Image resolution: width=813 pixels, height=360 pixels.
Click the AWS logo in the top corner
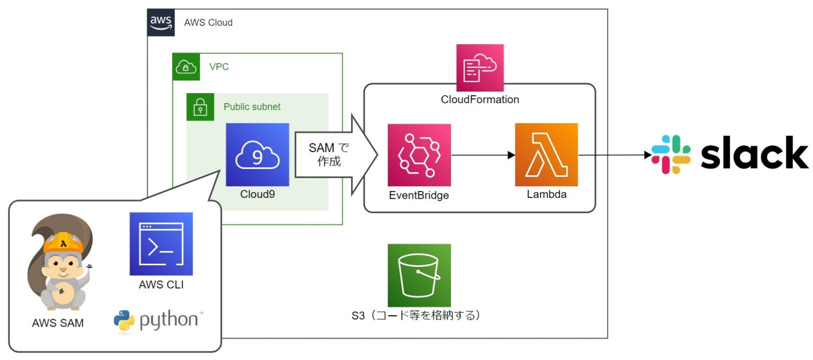[x=161, y=23]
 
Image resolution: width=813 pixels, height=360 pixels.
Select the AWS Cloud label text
[x=208, y=23]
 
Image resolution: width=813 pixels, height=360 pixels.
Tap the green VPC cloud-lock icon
[x=186, y=67]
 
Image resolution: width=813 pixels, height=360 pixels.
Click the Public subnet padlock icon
[x=200, y=107]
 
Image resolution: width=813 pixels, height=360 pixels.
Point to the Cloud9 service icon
[x=257, y=155]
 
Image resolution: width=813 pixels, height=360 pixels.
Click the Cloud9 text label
[x=257, y=194]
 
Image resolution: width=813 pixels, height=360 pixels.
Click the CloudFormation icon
[x=480, y=68]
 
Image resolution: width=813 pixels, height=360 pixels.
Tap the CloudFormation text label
[x=480, y=100]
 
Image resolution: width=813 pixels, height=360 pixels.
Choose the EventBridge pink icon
[x=419, y=155]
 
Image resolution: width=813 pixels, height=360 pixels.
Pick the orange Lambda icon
[x=546, y=155]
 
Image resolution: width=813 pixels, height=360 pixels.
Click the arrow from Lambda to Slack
[x=614, y=155]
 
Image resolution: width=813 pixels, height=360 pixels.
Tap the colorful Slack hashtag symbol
[x=671, y=155]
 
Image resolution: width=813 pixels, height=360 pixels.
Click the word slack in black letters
[x=754, y=154]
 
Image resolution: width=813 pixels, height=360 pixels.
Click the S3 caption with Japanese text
[x=418, y=316]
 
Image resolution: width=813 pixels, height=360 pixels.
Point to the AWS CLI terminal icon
[x=161, y=244]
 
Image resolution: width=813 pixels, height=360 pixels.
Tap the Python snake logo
[x=123, y=321]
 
